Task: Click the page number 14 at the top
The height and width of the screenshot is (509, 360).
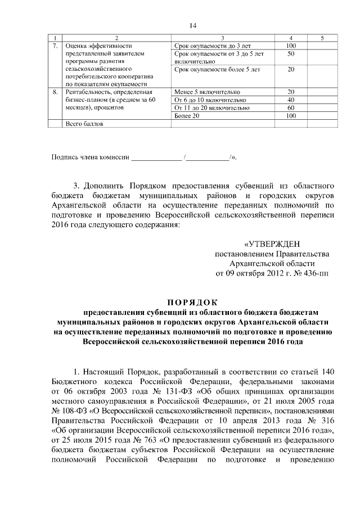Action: [x=193, y=25]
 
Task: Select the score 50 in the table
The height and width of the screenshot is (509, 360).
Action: [x=291, y=53]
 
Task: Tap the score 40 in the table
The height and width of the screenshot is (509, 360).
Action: [x=291, y=100]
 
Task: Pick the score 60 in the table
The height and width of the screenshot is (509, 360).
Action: [x=291, y=107]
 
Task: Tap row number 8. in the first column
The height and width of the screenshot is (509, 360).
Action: [x=55, y=92]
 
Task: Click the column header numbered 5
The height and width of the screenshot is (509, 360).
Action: [x=321, y=38]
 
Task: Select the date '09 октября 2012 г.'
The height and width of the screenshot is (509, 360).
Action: [x=258, y=274]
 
